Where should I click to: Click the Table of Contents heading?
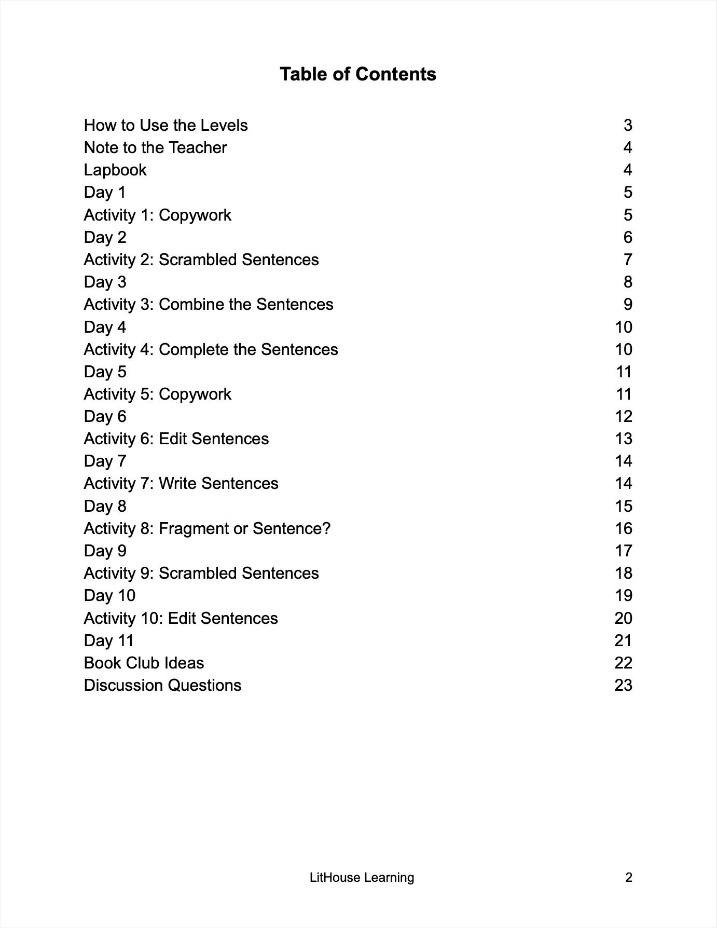pyautogui.click(x=358, y=74)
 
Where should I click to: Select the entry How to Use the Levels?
pyautogui.click(x=166, y=126)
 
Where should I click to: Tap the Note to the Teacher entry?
pyautogui.click(x=155, y=148)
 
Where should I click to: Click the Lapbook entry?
pyautogui.click(x=115, y=170)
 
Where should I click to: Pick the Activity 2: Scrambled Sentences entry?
pyautogui.click(x=201, y=260)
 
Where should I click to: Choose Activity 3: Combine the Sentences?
pyautogui.click(x=209, y=305)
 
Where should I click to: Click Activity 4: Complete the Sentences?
pyautogui.click(x=211, y=350)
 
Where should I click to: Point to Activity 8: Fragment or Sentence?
pyautogui.click(x=207, y=529)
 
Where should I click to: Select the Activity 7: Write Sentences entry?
pyautogui.click(x=181, y=484)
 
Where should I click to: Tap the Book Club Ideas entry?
pyautogui.click(x=144, y=663)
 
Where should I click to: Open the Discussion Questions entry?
pyautogui.click(x=162, y=686)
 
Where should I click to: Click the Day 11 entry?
pyautogui.click(x=109, y=641)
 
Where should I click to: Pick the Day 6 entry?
pyautogui.click(x=105, y=417)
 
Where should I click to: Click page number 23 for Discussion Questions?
pyautogui.click(x=623, y=686)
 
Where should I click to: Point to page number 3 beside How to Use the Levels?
pyautogui.click(x=628, y=126)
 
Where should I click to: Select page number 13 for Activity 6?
pyautogui.click(x=623, y=439)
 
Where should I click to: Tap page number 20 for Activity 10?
pyautogui.click(x=623, y=619)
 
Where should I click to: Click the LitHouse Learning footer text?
pyautogui.click(x=362, y=878)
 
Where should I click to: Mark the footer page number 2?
pyautogui.click(x=629, y=878)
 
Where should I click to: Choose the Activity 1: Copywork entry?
pyautogui.click(x=157, y=215)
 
